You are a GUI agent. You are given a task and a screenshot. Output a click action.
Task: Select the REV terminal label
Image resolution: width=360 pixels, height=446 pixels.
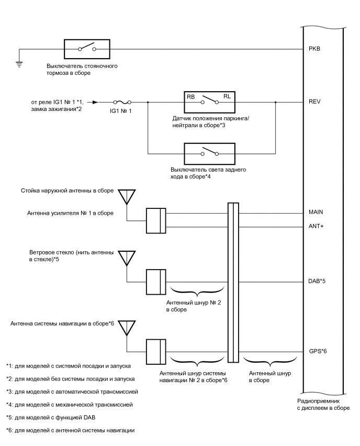[x=314, y=103]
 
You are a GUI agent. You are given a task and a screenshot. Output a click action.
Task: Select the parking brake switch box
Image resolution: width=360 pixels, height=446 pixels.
[x=87, y=49]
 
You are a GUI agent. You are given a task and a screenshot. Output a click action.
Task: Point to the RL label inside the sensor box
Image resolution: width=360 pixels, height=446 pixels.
[x=227, y=96]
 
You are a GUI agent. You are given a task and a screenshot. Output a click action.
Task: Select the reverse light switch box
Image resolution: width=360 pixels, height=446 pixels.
[x=205, y=154]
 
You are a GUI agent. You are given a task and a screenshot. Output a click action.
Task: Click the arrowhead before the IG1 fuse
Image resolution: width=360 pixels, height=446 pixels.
[x=95, y=103]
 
